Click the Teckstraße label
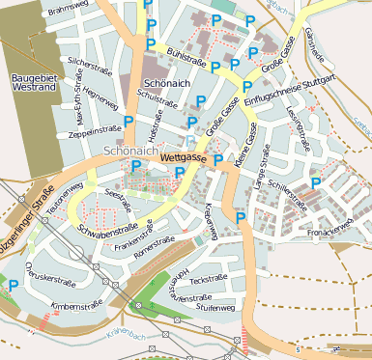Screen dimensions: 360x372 [x=208, y=278]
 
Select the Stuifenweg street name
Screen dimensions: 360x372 [x=215, y=307]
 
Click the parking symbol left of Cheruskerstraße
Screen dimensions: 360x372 [x=14, y=285]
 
